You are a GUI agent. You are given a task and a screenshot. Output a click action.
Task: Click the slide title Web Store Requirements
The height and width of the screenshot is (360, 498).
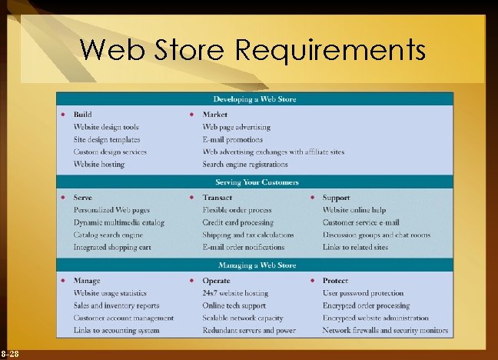[x=252, y=51]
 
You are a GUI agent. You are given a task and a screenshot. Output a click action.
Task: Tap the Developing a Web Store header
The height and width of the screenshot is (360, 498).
[x=254, y=99]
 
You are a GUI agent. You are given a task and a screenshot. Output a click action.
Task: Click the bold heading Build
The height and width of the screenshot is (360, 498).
[x=82, y=115]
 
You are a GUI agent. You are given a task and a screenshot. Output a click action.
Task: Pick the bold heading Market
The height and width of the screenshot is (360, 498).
[x=215, y=115]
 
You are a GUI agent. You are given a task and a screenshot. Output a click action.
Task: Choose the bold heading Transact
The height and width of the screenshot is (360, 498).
[x=217, y=198]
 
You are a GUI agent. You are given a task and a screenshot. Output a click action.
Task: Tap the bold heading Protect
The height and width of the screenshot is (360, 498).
[x=335, y=281]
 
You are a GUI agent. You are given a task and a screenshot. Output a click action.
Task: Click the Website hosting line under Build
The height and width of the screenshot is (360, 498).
[x=98, y=164]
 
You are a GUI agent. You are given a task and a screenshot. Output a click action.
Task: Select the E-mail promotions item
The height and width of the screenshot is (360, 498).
[x=232, y=139]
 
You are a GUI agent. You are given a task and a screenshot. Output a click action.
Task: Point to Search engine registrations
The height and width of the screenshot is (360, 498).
[x=244, y=164]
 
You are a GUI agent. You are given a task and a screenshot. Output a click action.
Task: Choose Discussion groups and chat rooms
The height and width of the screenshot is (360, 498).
[x=376, y=235]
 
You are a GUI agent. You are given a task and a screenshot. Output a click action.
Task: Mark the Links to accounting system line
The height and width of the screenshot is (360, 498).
[x=116, y=330]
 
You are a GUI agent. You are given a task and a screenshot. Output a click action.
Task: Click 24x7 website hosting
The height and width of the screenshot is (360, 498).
[x=235, y=293]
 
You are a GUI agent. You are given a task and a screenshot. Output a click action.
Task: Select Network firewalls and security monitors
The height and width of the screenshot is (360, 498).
[x=385, y=330]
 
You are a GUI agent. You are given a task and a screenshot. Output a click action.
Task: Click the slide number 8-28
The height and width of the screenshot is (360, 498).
[x=10, y=353]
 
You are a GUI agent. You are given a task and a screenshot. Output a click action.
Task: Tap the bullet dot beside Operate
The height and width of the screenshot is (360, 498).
[x=192, y=281]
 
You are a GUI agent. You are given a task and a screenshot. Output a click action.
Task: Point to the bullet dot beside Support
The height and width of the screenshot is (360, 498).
[x=313, y=198]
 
